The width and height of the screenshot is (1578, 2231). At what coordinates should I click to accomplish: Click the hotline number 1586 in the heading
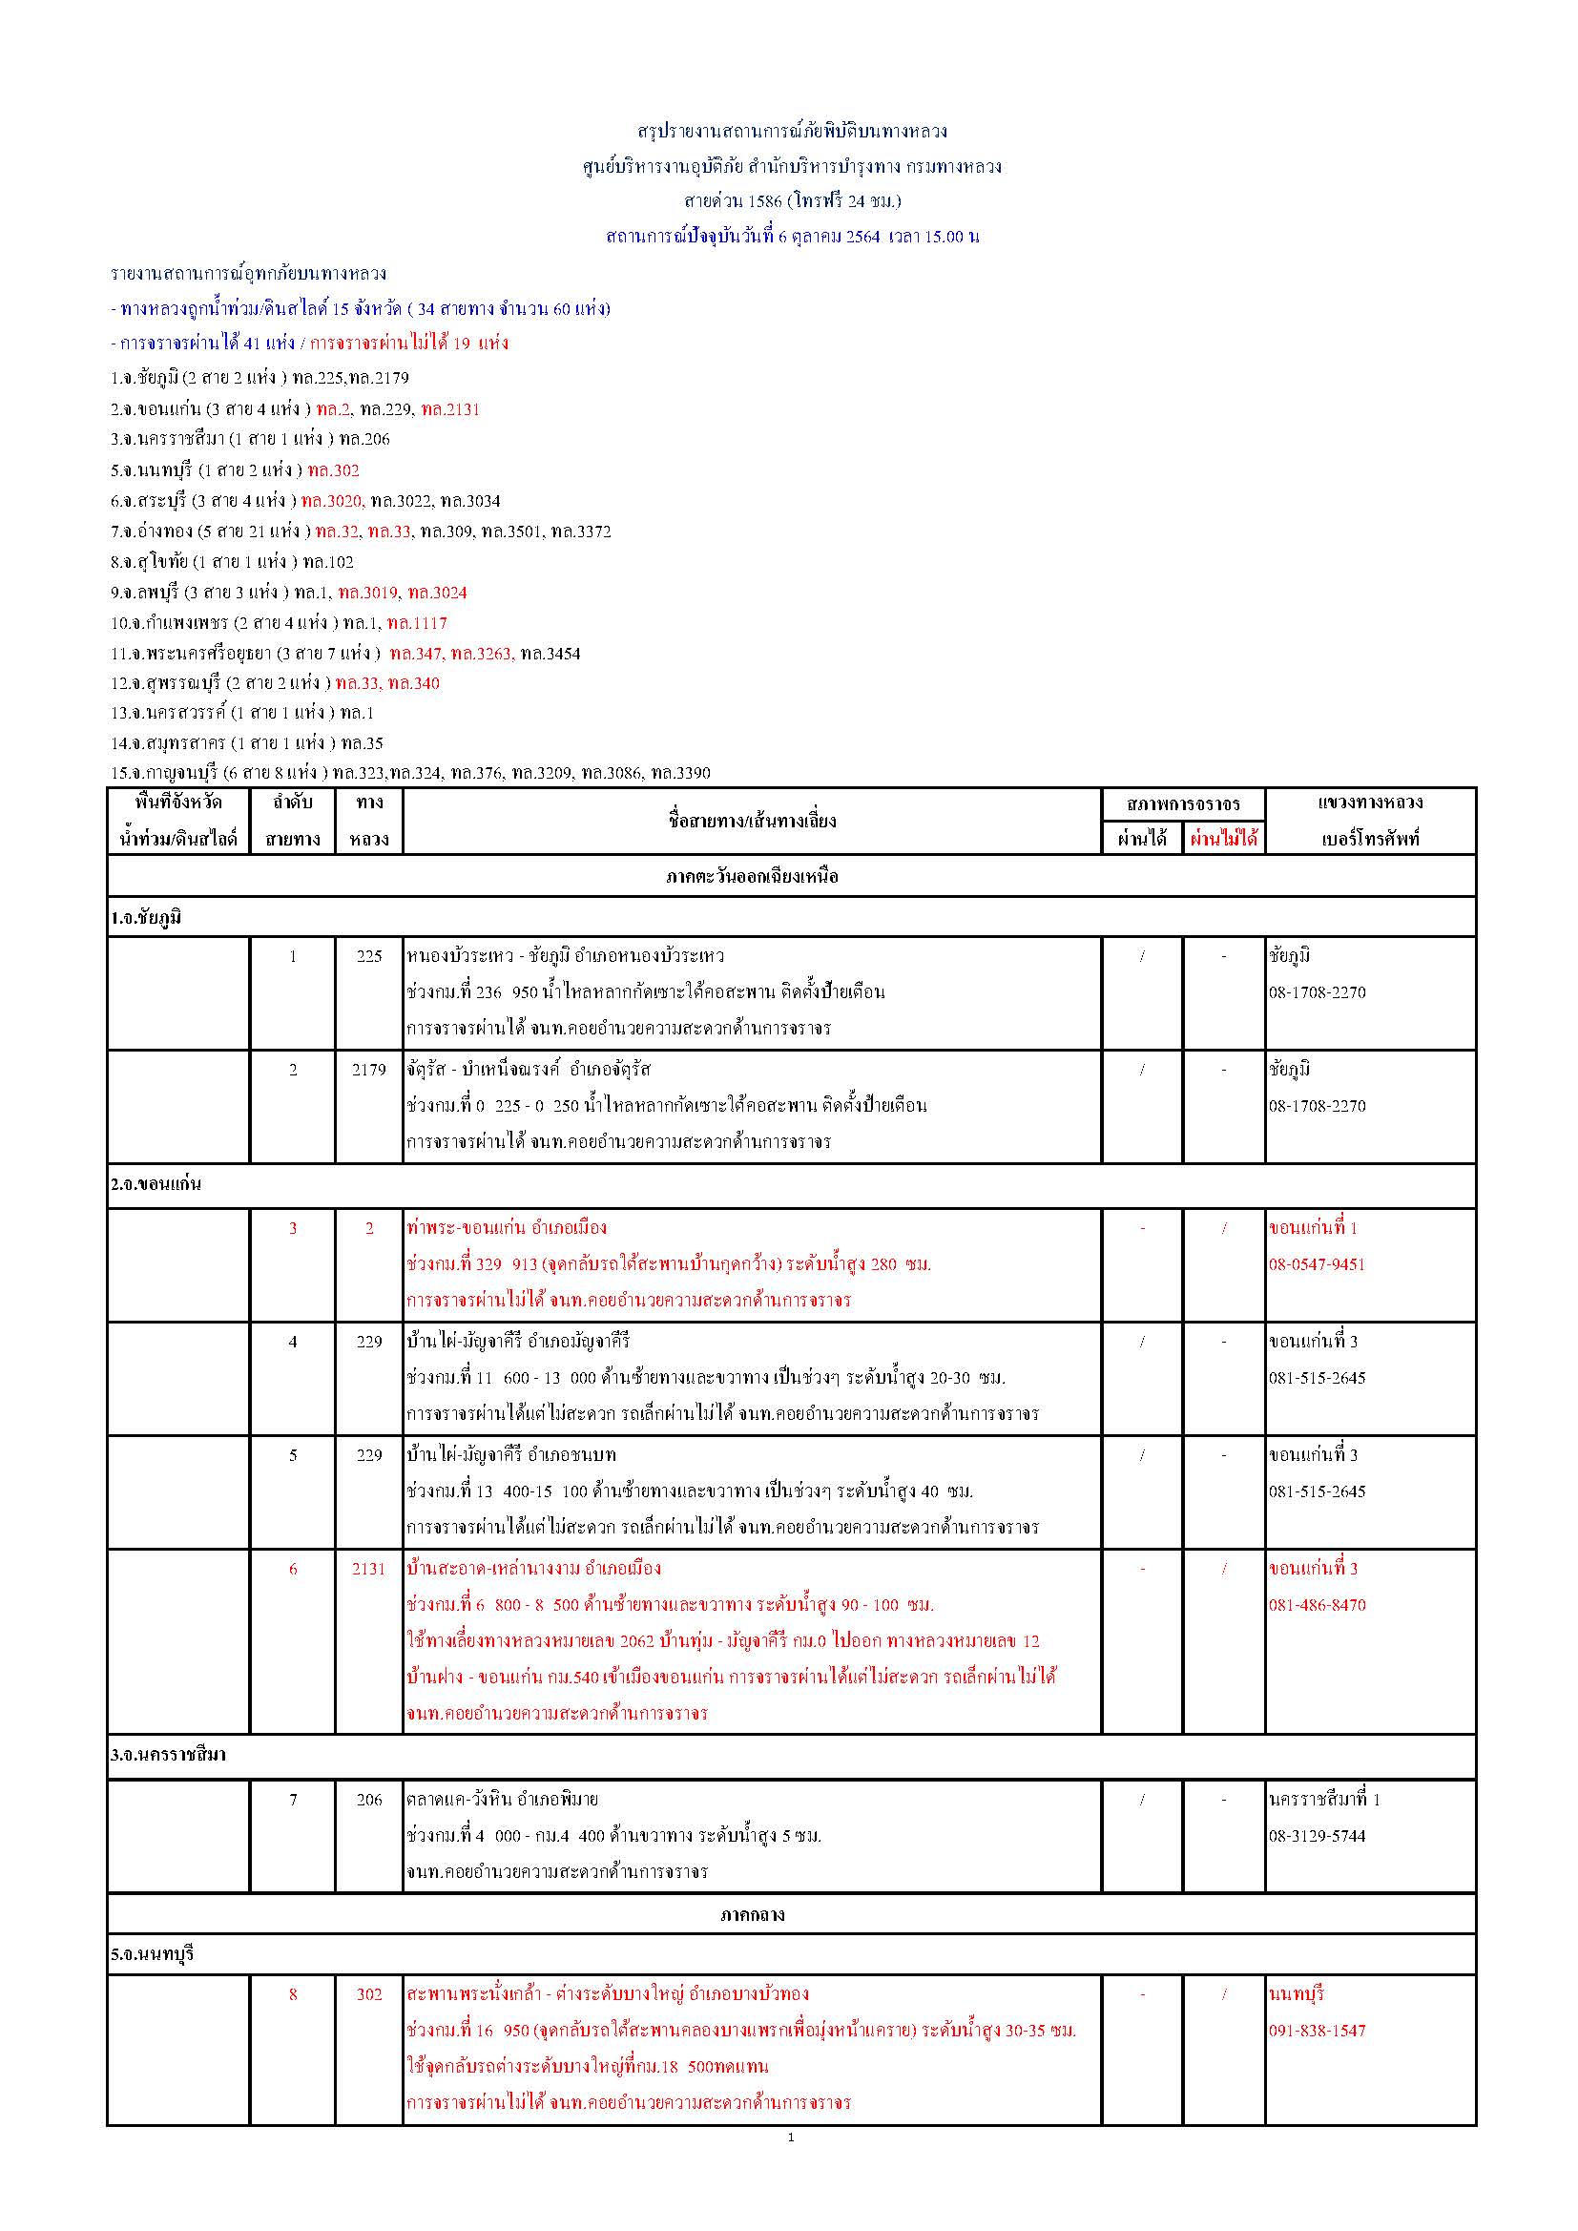pos(765,201)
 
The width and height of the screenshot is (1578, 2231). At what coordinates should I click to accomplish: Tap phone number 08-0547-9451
pos(1316,1264)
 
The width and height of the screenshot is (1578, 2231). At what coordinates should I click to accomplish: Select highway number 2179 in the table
pos(368,1070)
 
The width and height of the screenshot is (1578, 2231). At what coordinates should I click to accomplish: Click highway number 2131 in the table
pos(368,1570)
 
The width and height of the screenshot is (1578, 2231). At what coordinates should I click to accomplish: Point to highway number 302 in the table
pos(368,1995)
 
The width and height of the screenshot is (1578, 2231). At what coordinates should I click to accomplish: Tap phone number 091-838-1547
pos(1316,2031)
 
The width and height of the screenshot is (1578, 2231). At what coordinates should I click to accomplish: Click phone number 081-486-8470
pos(1316,1605)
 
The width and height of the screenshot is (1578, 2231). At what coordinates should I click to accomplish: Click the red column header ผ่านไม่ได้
pos(1223,838)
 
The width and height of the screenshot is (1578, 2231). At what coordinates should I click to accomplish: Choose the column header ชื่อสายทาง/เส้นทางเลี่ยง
pos(751,821)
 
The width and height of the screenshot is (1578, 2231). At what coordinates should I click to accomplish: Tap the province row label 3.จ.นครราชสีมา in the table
pos(168,1756)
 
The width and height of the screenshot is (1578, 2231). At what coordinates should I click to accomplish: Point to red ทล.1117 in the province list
pos(417,623)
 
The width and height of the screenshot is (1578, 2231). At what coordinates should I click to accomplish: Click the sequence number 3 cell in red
pos(293,1228)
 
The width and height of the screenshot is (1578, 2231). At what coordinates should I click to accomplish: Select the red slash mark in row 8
pos(1223,1995)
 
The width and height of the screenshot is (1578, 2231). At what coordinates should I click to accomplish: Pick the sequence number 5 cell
pos(293,1455)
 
